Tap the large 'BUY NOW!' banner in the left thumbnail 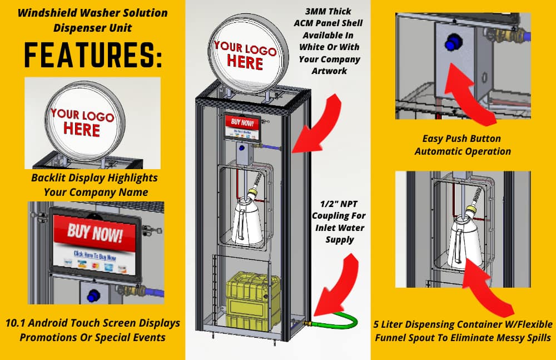pos(95,234)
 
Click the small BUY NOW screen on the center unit pos(242,127)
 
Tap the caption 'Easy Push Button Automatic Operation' pos(462,145)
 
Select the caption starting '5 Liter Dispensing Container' pos(462,331)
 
